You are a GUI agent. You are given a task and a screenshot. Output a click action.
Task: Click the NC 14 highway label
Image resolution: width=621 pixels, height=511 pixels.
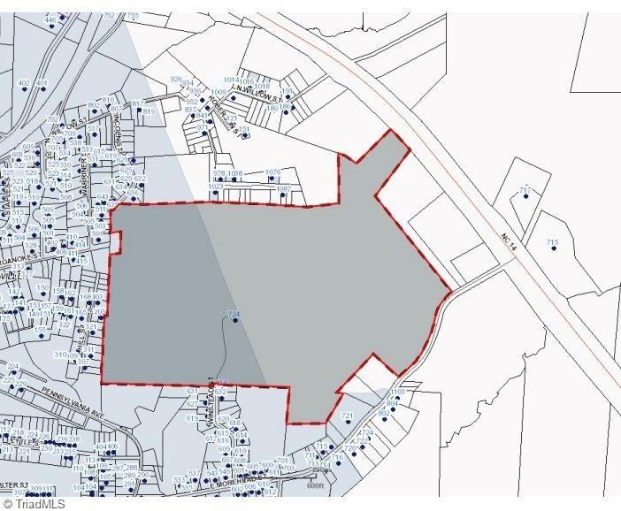coord(507,240)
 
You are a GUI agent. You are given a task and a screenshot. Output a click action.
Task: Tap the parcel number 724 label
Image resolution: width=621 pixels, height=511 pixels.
coord(234,314)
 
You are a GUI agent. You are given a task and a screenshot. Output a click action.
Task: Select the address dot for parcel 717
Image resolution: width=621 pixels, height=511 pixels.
coord(525,197)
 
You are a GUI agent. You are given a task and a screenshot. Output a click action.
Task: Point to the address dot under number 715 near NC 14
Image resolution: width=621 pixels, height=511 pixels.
coord(552,250)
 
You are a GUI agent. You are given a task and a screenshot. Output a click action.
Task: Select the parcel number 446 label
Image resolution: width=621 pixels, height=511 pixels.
coord(50,19)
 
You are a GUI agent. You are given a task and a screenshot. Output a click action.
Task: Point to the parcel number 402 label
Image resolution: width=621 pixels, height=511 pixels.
coord(24,83)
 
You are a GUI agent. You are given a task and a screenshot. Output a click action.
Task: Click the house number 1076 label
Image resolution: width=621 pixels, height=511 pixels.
coord(272,172)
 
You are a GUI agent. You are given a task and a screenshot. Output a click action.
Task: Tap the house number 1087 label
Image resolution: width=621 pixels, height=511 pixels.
coord(283,188)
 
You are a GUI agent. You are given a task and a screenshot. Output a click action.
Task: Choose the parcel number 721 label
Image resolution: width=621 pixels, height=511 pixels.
coord(347,416)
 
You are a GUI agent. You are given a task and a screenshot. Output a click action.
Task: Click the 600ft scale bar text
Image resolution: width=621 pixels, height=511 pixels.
coord(317,484)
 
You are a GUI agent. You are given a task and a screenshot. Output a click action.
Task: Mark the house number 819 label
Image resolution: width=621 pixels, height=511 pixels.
coord(149,111)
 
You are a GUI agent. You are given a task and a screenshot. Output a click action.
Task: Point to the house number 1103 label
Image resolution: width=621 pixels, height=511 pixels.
coord(396,391)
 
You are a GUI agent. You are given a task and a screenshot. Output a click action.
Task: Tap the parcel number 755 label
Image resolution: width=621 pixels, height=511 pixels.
coord(134,16)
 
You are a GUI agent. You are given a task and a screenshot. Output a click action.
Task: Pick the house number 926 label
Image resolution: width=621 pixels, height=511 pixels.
coord(175,80)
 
